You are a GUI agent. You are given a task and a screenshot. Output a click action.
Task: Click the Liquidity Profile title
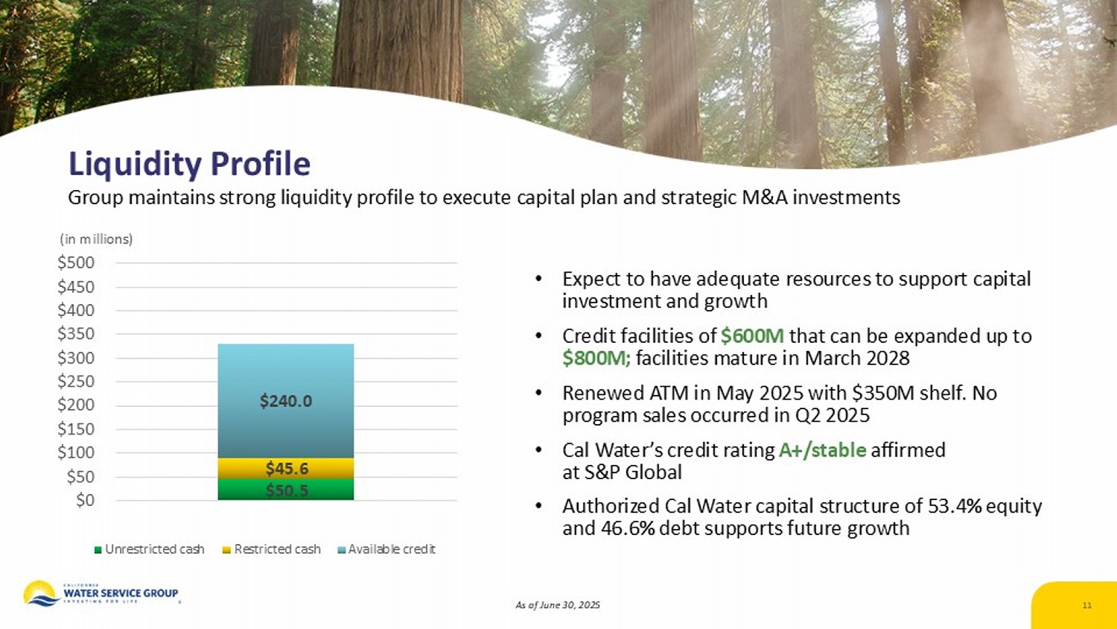189,164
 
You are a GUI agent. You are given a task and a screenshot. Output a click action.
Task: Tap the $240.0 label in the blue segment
285,401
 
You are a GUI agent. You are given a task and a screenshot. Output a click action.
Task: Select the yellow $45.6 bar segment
286,468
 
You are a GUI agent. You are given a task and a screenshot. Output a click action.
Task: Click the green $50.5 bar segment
286,490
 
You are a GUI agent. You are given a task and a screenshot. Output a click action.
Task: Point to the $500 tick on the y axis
76,262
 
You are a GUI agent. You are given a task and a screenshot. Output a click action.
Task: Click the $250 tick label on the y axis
76,382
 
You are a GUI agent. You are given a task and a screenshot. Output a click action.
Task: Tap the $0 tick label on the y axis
85,500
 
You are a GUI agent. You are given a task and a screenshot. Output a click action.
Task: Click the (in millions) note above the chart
96,239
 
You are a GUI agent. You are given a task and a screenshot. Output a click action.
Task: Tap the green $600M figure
752,336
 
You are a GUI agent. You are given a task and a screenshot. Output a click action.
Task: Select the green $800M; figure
596,358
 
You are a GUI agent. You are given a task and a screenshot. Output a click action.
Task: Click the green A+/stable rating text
822,450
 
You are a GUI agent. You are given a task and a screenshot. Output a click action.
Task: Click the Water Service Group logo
101,593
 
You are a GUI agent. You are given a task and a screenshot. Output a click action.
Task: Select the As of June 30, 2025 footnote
558,605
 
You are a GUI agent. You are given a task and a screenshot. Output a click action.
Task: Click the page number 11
1086,605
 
